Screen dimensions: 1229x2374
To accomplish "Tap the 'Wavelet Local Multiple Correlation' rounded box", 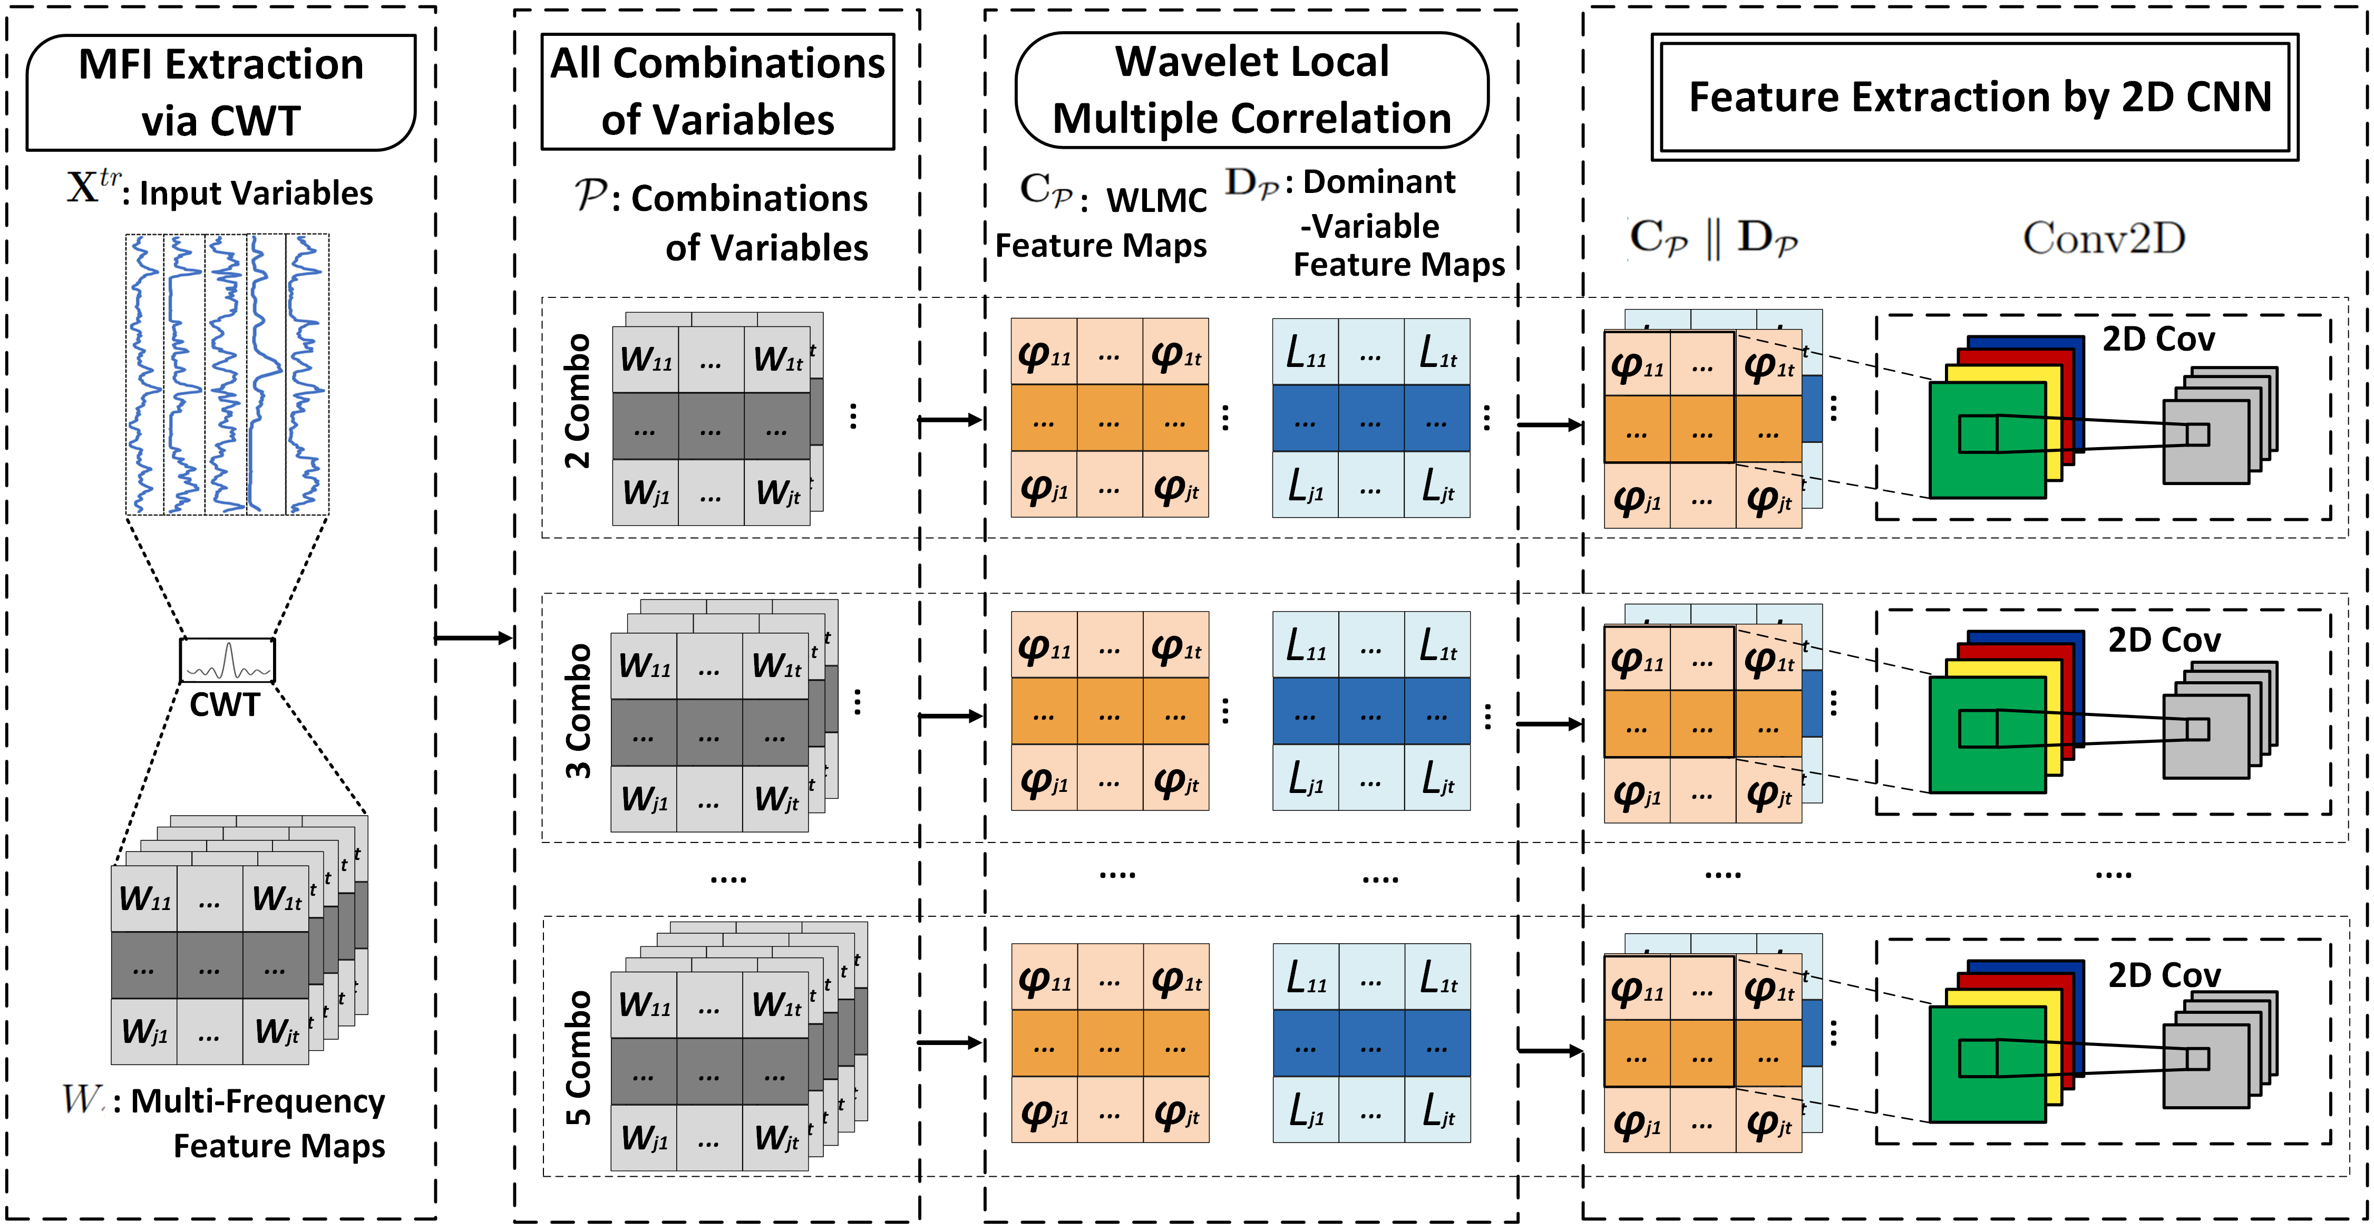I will (x=1251, y=90).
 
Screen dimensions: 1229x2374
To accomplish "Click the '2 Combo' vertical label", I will (x=578, y=401).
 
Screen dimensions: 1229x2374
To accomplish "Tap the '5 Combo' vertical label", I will (x=578, y=1058).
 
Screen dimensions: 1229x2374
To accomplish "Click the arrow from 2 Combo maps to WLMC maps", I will (x=950, y=420).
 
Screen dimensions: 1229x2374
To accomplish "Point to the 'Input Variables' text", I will (x=255, y=193).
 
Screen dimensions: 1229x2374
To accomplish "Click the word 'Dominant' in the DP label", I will (x=1379, y=182).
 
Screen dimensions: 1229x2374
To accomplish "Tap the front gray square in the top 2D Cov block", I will (x=2205, y=442).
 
